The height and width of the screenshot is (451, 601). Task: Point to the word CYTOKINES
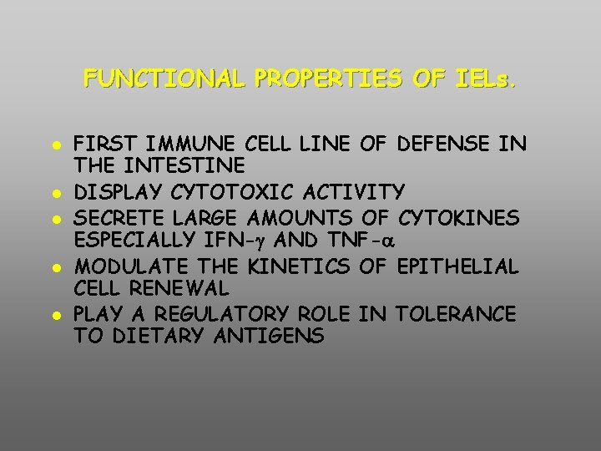(x=459, y=217)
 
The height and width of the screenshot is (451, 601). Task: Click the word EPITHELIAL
(x=458, y=266)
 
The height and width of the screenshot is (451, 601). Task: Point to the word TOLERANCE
(x=456, y=314)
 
